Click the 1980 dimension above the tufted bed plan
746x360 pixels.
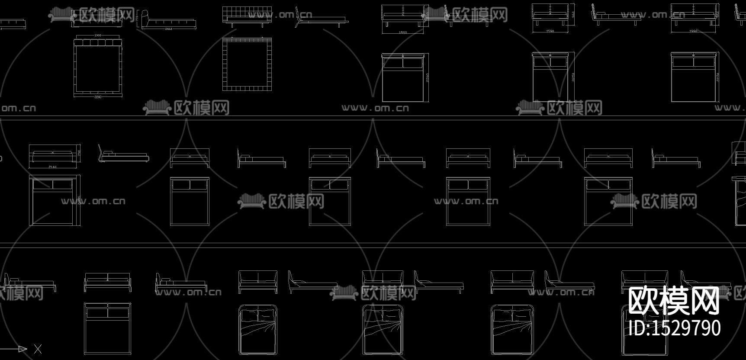(x=98, y=35)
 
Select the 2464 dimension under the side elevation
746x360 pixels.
(x=168, y=29)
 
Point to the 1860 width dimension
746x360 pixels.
(x=402, y=32)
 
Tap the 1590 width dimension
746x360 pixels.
(x=550, y=31)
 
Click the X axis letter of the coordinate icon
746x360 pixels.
(x=38, y=349)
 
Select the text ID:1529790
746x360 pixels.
(x=674, y=328)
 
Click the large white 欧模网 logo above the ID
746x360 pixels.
(x=673, y=301)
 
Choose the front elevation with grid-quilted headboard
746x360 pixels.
(x=247, y=15)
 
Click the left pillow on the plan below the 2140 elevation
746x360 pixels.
(x=43, y=185)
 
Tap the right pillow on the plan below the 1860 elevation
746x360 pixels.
(x=413, y=63)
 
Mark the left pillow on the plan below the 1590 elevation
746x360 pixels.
(x=542, y=62)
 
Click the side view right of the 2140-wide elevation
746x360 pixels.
(x=123, y=154)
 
